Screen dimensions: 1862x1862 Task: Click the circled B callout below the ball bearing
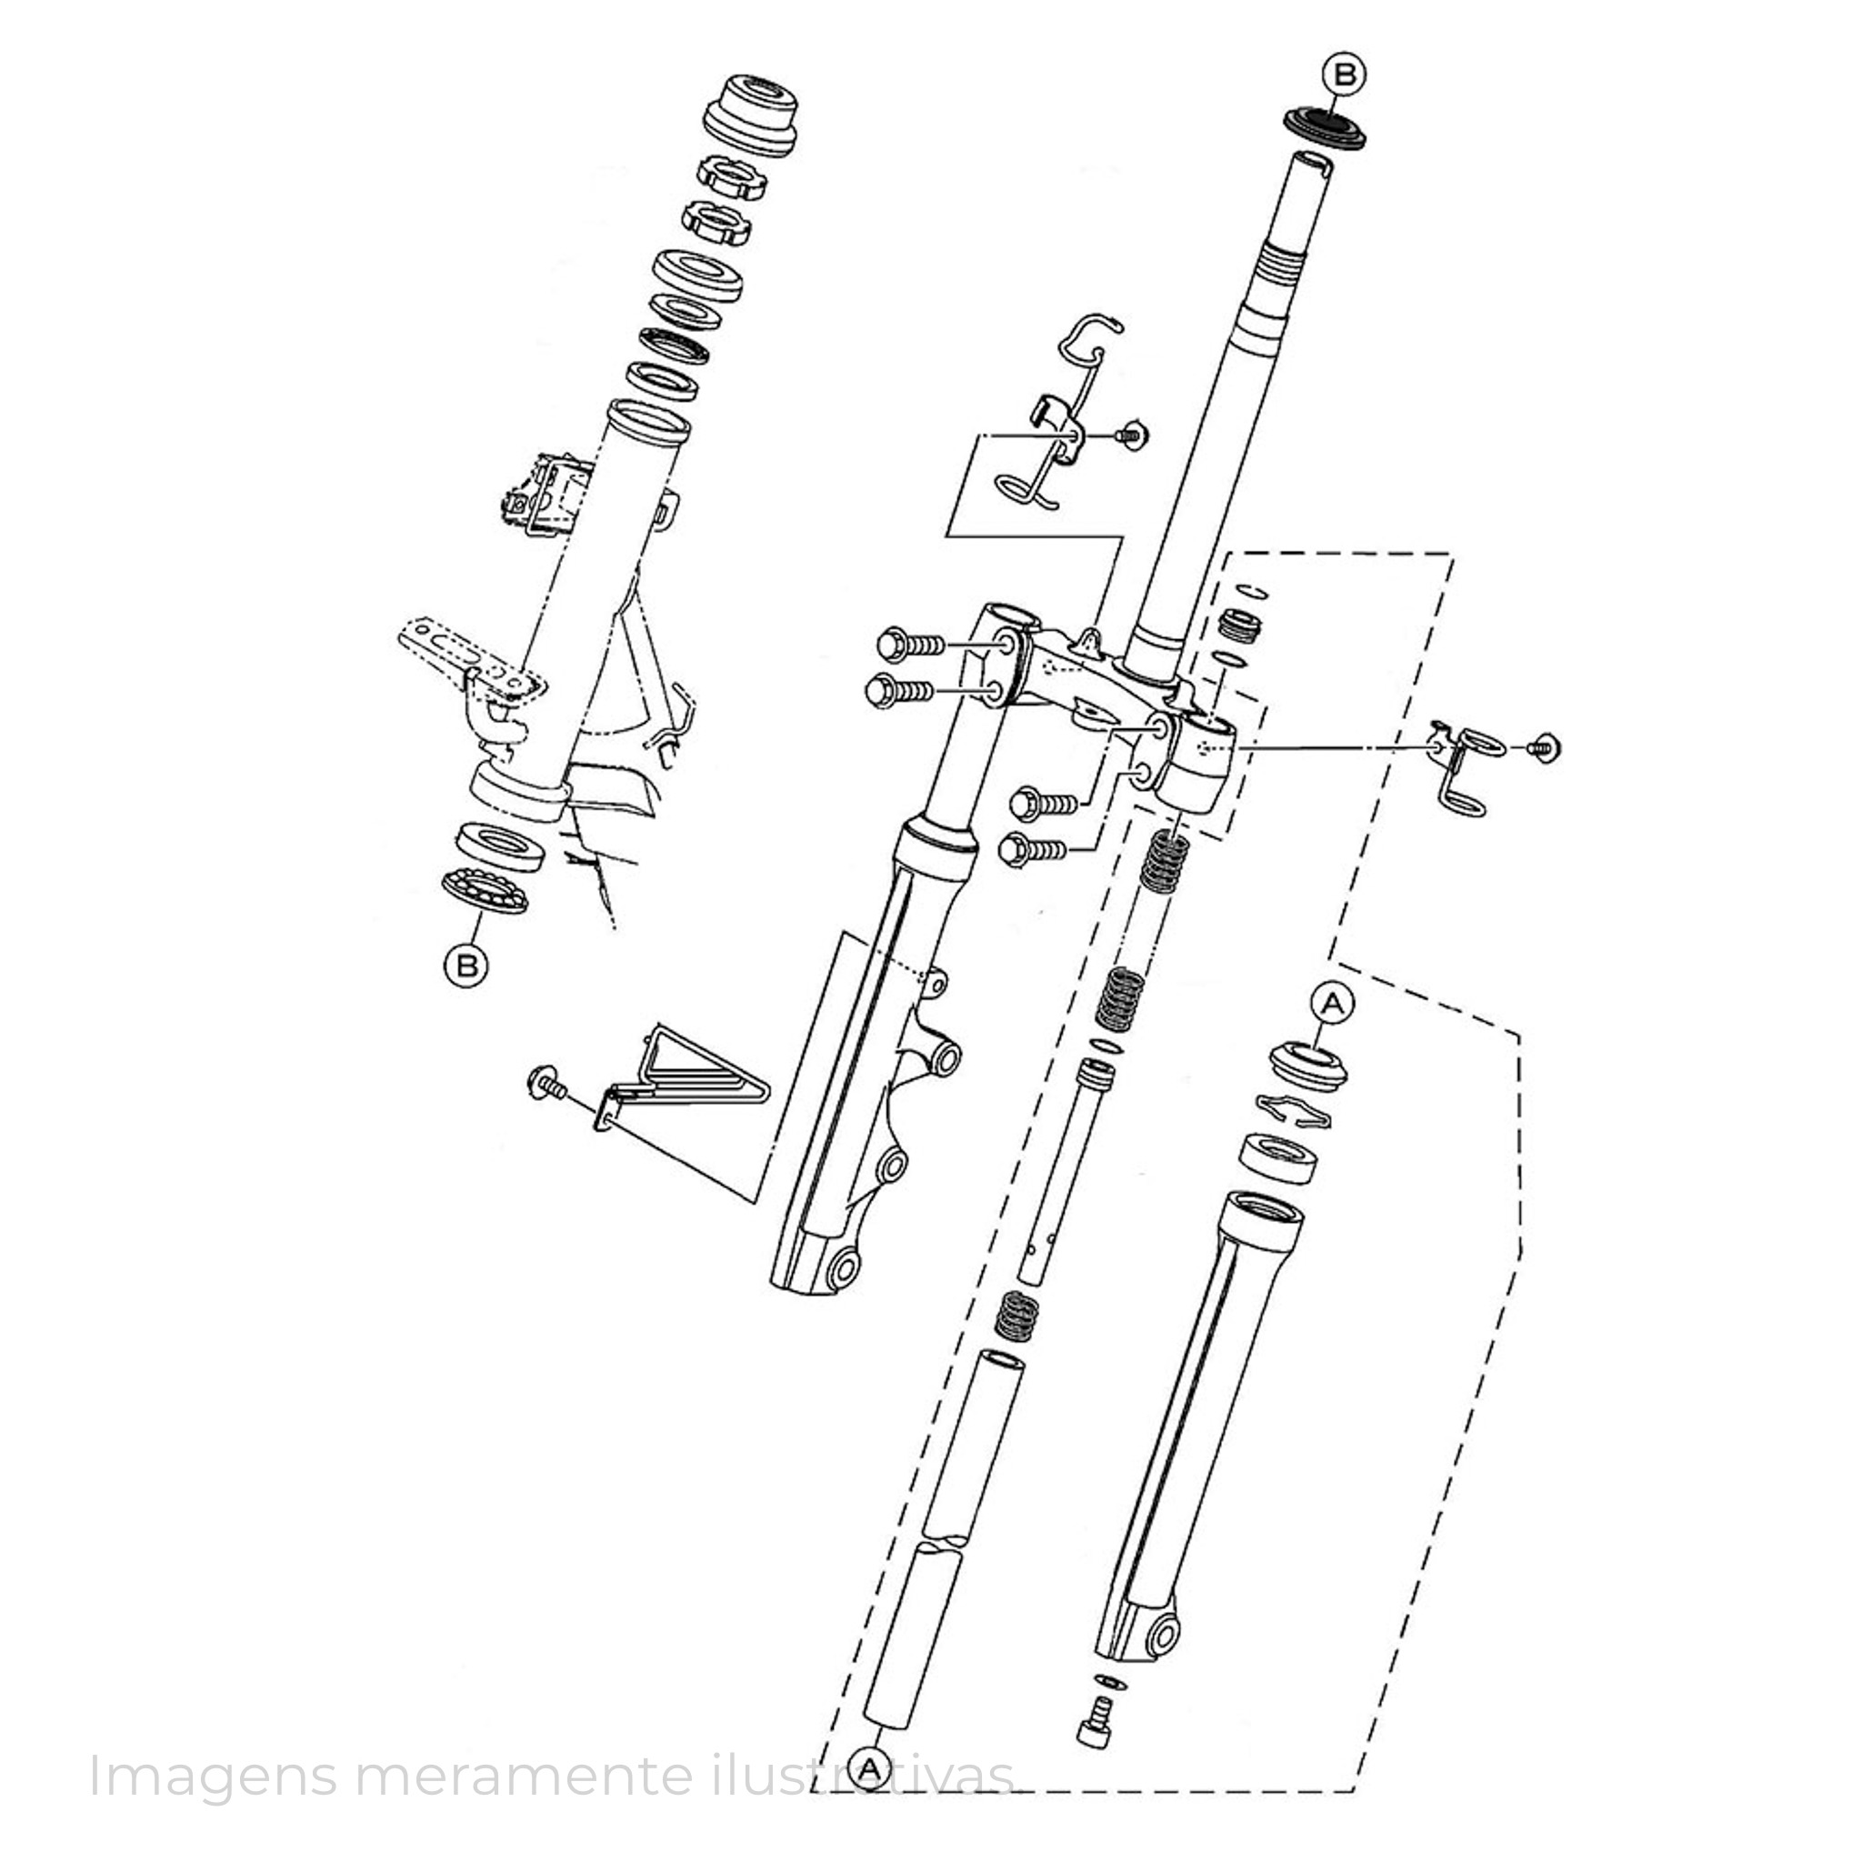pyautogui.click(x=466, y=965)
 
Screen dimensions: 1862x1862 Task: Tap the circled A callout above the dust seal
pyautogui.click(x=1332, y=1004)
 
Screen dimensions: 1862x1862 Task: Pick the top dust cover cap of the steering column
pyautogui.click(x=751, y=113)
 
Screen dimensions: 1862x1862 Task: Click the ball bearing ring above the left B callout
pyautogui.click(x=485, y=889)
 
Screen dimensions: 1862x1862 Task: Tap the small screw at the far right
pyautogui.click(x=1545, y=747)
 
